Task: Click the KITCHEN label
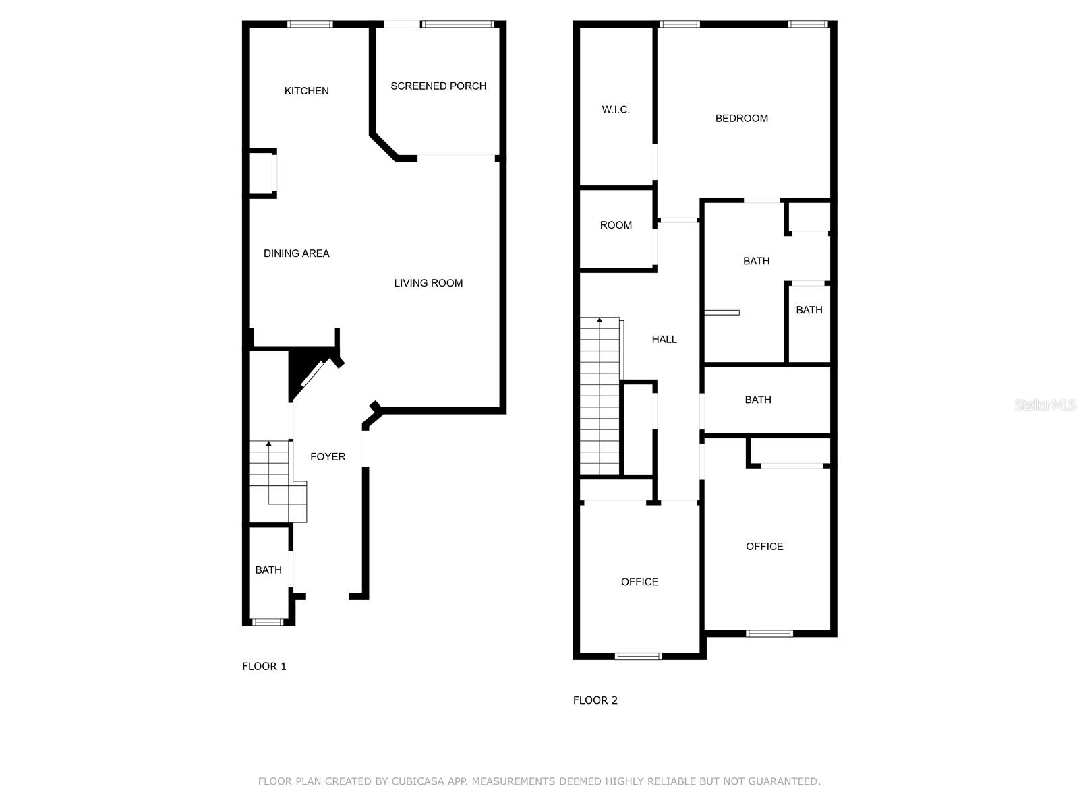pyautogui.click(x=306, y=91)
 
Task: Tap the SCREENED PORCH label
pyautogui.click(x=438, y=86)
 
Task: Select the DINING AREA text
pyautogui.click(x=296, y=253)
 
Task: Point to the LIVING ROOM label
pyautogui.click(x=428, y=283)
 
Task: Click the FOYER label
pyautogui.click(x=328, y=456)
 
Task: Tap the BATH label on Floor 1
pyautogui.click(x=268, y=570)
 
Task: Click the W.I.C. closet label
pyautogui.click(x=616, y=109)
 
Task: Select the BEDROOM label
pyautogui.click(x=741, y=119)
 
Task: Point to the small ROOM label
pyautogui.click(x=616, y=225)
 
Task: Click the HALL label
pyautogui.click(x=664, y=339)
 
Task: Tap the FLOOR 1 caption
pyautogui.click(x=264, y=666)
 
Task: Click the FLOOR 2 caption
pyautogui.click(x=595, y=700)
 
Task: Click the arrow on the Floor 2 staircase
pyautogui.click(x=600, y=320)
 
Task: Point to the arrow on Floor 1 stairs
pyautogui.click(x=268, y=444)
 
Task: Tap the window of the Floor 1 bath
pyautogui.click(x=268, y=622)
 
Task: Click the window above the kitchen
pyautogui.click(x=310, y=24)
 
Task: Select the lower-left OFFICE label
pyautogui.click(x=639, y=582)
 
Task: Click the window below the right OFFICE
pyautogui.click(x=769, y=633)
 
